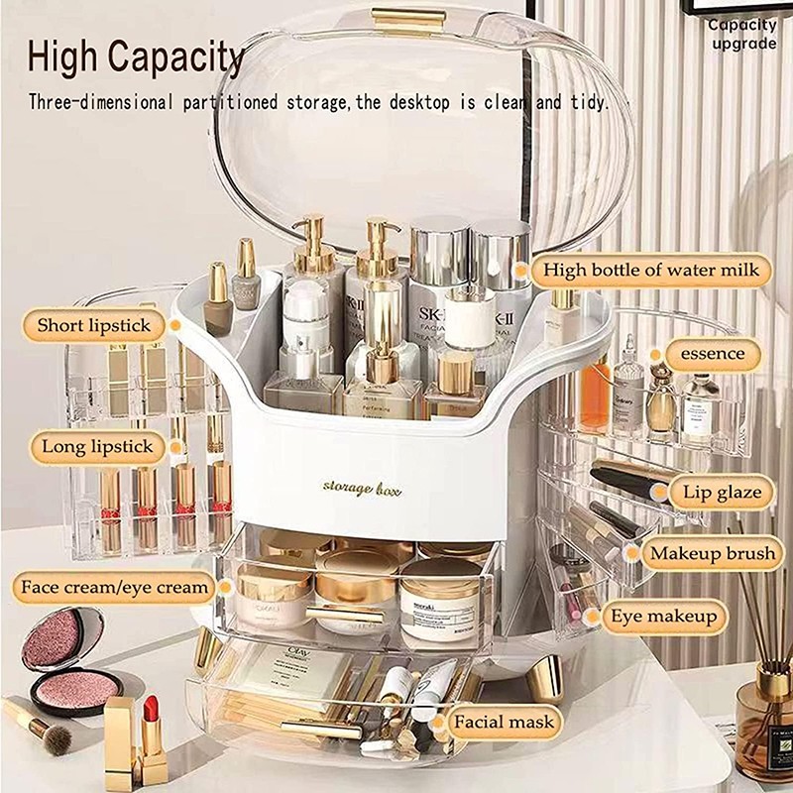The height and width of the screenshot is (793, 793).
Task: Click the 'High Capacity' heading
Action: (136, 57)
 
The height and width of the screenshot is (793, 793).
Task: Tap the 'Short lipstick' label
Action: (94, 325)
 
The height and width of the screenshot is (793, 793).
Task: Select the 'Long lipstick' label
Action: (97, 447)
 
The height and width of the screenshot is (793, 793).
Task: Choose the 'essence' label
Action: (712, 354)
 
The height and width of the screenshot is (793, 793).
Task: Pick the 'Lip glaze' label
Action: (722, 492)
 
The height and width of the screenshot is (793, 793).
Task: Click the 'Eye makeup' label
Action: (663, 617)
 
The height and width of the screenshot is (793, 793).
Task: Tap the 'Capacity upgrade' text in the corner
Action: (741, 35)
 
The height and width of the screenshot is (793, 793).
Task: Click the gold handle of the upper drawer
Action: (344, 615)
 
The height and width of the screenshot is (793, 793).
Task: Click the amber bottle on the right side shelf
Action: (596, 396)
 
